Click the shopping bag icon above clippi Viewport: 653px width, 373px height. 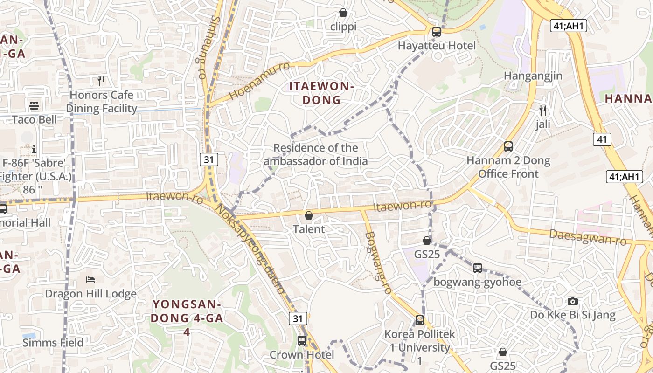[x=343, y=13]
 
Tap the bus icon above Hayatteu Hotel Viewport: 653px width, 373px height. [x=437, y=32]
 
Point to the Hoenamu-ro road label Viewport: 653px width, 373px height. [x=259, y=80]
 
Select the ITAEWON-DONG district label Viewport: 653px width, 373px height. [x=322, y=93]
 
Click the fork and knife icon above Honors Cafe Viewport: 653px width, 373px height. [x=101, y=81]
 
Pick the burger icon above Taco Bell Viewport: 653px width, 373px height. [x=34, y=106]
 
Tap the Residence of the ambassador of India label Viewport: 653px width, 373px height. [x=316, y=155]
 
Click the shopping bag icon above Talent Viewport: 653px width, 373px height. [x=308, y=215]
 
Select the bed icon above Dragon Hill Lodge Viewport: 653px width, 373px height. [x=91, y=280]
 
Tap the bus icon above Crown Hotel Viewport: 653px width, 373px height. [x=302, y=341]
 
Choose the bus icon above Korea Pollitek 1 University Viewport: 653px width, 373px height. [x=420, y=320]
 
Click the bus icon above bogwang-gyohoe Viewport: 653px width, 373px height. [x=478, y=268]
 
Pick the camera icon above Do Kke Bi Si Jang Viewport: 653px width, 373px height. [x=573, y=301]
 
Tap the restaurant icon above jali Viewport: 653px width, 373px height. [x=542, y=111]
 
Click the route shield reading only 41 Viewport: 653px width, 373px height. [x=602, y=139]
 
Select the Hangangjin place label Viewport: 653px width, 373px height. [x=533, y=76]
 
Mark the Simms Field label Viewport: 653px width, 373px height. [x=53, y=343]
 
